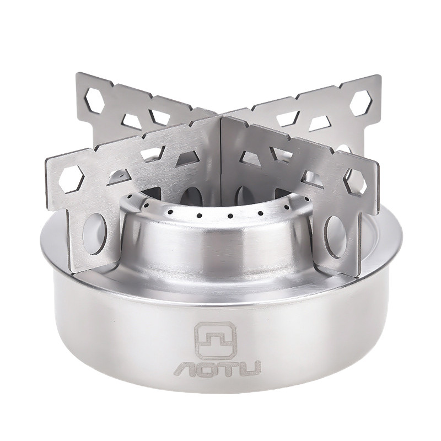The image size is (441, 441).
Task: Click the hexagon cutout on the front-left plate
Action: (x=72, y=179)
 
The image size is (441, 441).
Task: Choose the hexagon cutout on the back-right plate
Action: (x=361, y=103)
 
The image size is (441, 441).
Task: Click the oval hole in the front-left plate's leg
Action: (x=96, y=234)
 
